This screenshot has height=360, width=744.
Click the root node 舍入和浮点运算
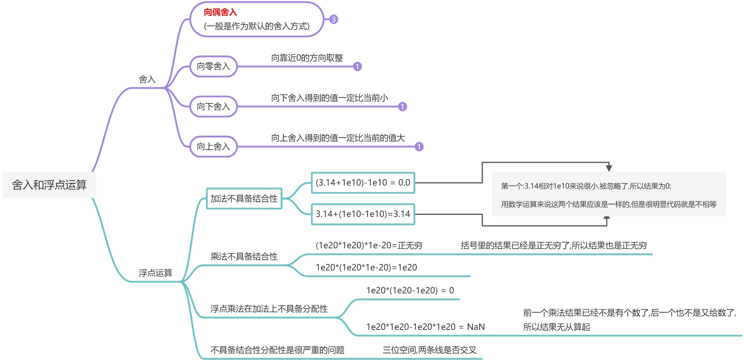coord(49,185)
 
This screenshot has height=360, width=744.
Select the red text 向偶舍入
coord(220,12)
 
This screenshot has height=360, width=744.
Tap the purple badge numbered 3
coord(333,19)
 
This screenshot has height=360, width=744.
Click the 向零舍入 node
coord(213,66)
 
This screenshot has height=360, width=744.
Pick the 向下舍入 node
coord(213,106)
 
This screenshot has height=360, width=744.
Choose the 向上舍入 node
coord(213,146)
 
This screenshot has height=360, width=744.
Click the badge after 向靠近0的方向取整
coord(357,66)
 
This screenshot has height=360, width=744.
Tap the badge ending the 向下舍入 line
coord(402,106)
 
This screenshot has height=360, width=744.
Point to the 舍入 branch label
coord(147,79)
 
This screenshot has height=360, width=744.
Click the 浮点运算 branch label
coord(156,272)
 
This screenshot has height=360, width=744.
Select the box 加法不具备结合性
coord(244,198)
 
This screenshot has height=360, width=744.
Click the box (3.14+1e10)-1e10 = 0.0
coord(363,183)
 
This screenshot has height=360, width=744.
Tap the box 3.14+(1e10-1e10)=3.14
coord(363,214)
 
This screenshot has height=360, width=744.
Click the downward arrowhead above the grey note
coord(609,168)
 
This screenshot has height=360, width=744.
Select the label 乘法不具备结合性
coord(244,256)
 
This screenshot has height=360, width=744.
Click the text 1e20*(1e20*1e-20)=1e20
coord(366,267)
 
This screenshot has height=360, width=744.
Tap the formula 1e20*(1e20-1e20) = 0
coord(410,290)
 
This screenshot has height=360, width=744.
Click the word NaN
coord(476,327)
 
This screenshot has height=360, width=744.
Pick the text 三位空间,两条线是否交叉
coord(429,350)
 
